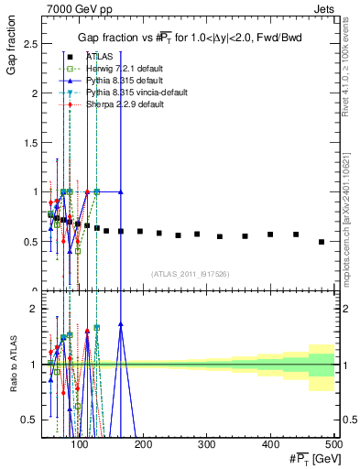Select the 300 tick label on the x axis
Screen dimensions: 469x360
(207, 442)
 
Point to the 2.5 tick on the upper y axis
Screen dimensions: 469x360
(31, 44)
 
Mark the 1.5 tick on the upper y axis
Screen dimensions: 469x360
(31, 143)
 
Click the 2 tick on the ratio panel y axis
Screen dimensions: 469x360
(34, 309)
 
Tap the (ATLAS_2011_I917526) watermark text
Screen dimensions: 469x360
(191, 273)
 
